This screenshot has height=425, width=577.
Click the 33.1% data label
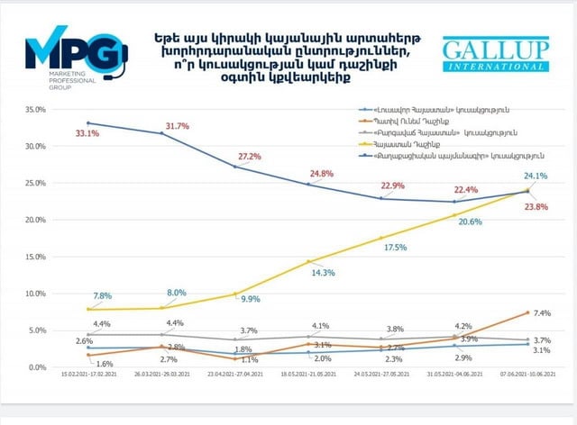(87, 133)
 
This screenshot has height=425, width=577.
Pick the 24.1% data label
(536, 176)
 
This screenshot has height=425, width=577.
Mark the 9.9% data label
(249, 299)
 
